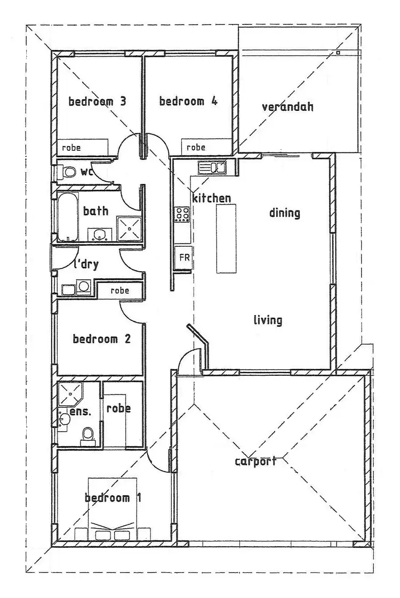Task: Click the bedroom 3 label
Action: pos(97,101)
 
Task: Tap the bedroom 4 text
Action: pos(188,101)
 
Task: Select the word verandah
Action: pos(287,107)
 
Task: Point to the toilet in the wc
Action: pos(68,173)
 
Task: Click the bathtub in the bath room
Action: pos(67,217)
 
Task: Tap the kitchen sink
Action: pos(212,168)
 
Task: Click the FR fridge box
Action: pos(183,257)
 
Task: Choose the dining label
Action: pos(284,213)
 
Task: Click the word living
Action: pos(267,320)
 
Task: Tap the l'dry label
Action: pos(86,264)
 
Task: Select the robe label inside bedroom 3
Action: pos(71,148)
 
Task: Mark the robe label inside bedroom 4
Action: pos(196,148)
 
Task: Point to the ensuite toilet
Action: pos(87,435)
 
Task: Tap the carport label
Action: pos(255,462)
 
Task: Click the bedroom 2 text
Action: pos(102,339)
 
